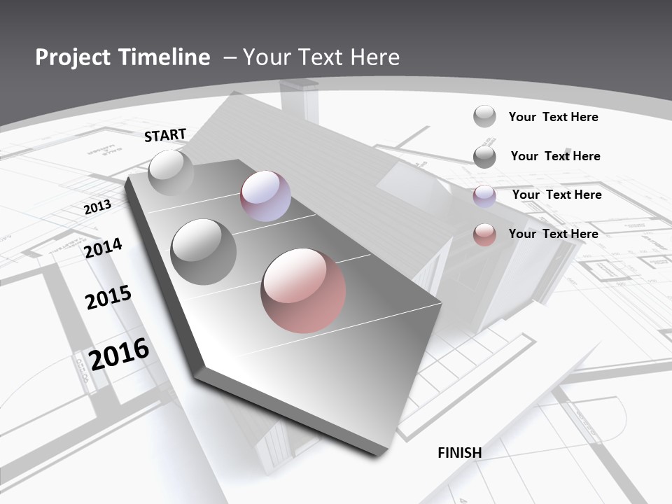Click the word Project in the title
click(72, 57)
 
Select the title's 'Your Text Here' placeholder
click(321, 57)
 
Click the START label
click(165, 135)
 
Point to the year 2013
click(97, 206)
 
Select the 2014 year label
click(104, 248)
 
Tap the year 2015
click(108, 297)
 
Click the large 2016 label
click(120, 353)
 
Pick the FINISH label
click(460, 453)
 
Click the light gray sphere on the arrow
click(171, 172)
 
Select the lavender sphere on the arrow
click(265, 196)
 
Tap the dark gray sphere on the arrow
click(204, 251)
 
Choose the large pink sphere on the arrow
click(303, 290)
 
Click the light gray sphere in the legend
click(484, 117)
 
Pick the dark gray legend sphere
click(484, 157)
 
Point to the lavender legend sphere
click(484, 196)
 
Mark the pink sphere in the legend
click(484, 234)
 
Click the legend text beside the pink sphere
click(554, 234)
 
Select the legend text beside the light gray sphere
click(554, 117)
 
